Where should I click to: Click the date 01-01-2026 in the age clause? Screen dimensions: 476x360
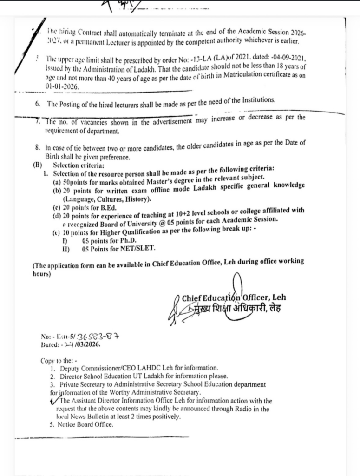click(x=62, y=86)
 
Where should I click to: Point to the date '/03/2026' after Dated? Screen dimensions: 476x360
click(x=85, y=345)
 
